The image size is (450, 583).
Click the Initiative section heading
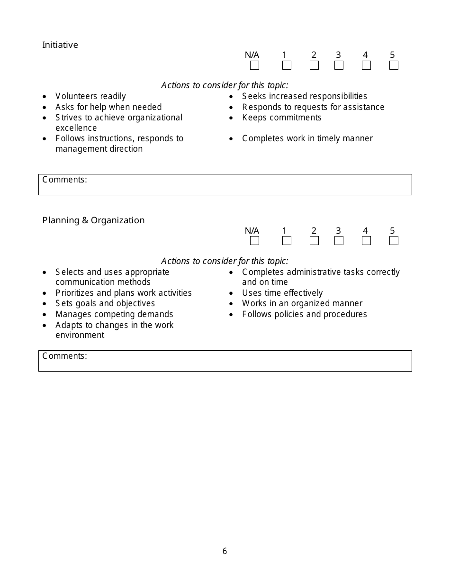click(60, 45)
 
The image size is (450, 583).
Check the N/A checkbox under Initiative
click(254, 65)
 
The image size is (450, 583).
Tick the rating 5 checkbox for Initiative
click(394, 65)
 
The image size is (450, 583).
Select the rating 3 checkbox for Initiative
click(339, 65)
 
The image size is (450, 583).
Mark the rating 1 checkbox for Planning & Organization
click(287, 241)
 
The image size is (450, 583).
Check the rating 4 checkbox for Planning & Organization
click(366, 241)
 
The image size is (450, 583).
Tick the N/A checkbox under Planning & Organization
click(254, 241)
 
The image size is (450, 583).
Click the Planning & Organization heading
click(93, 220)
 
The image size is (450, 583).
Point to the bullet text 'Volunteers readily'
click(90, 97)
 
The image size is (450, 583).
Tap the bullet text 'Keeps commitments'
click(281, 118)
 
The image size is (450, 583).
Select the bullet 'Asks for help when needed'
click(108, 107)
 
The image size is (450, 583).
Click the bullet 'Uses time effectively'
click(282, 293)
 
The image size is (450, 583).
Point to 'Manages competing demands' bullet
click(114, 314)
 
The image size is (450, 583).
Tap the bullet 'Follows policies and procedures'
click(304, 314)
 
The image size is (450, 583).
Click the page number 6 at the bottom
click(225, 551)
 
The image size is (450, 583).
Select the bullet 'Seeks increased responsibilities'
click(304, 97)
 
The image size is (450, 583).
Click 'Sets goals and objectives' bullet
click(105, 303)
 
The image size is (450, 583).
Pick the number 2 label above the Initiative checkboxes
click(314, 55)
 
